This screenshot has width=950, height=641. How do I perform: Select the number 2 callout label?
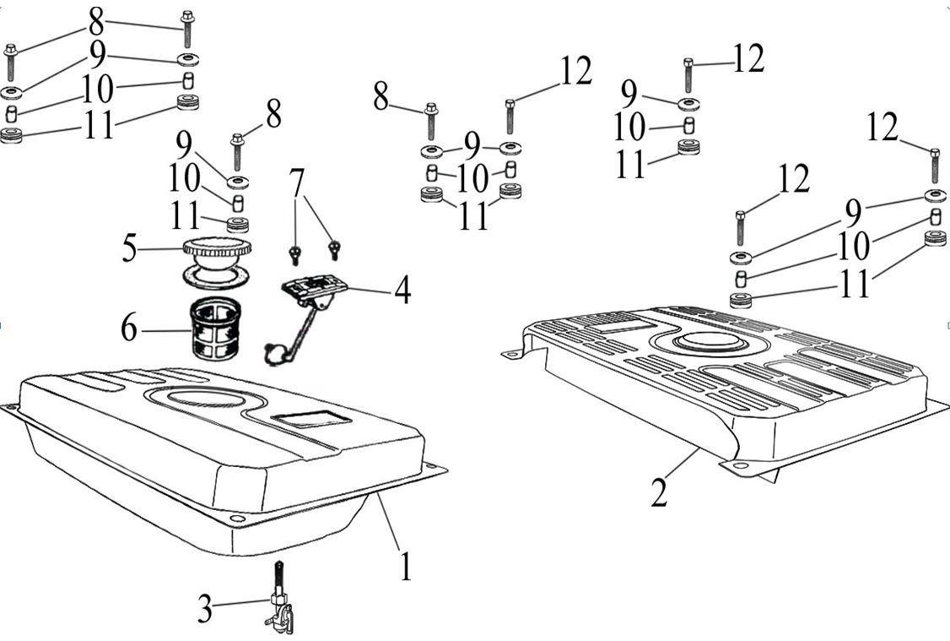pos(659,492)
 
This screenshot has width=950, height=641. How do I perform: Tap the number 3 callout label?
pos(205,608)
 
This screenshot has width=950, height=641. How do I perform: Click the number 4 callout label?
pos(402,290)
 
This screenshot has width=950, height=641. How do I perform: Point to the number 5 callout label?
pos(129,248)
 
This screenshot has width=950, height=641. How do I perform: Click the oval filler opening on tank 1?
pos(205,398)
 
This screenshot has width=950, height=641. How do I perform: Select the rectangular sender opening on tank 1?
pos(310,418)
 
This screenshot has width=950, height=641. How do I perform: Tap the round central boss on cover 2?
pos(709,342)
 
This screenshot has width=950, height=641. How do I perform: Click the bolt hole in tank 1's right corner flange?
pos(431,467)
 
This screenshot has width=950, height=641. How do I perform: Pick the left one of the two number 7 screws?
pos(295,255)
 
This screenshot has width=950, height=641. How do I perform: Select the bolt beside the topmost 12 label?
pos(688,75)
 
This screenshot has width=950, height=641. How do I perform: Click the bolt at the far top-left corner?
pos(10,62)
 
